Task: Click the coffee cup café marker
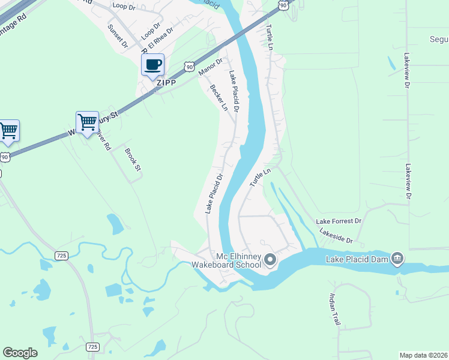[152, 65]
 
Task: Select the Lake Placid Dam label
[357, 259]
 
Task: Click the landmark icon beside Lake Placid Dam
[397, 259]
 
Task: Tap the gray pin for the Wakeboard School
[270, 260]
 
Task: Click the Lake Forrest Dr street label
[339, 221]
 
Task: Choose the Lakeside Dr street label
[336, 236]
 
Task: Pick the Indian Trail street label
[334, 309]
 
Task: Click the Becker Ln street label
[219, 97]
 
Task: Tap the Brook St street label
[132, 160]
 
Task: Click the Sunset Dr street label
[118, 35]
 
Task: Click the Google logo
[20, 352]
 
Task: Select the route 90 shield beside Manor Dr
[189, 66]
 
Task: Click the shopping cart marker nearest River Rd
[87, 122]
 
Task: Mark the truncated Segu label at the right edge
[438, 40]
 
